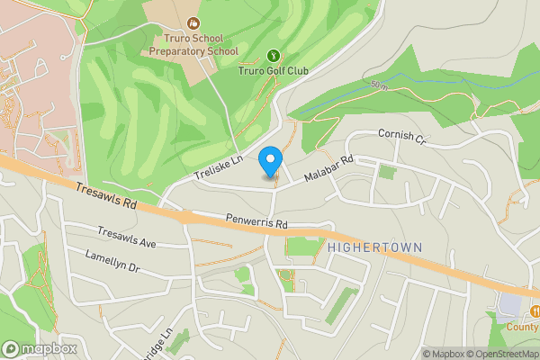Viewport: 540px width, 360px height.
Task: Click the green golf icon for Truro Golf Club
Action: pos(274,55)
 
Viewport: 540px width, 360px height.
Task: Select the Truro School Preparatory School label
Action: pos(193,45)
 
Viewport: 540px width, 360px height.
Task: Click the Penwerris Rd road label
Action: pos(256,222)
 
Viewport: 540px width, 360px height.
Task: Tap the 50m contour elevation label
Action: pos(378,85)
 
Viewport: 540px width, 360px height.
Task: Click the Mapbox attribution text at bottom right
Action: pos(444,353)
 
